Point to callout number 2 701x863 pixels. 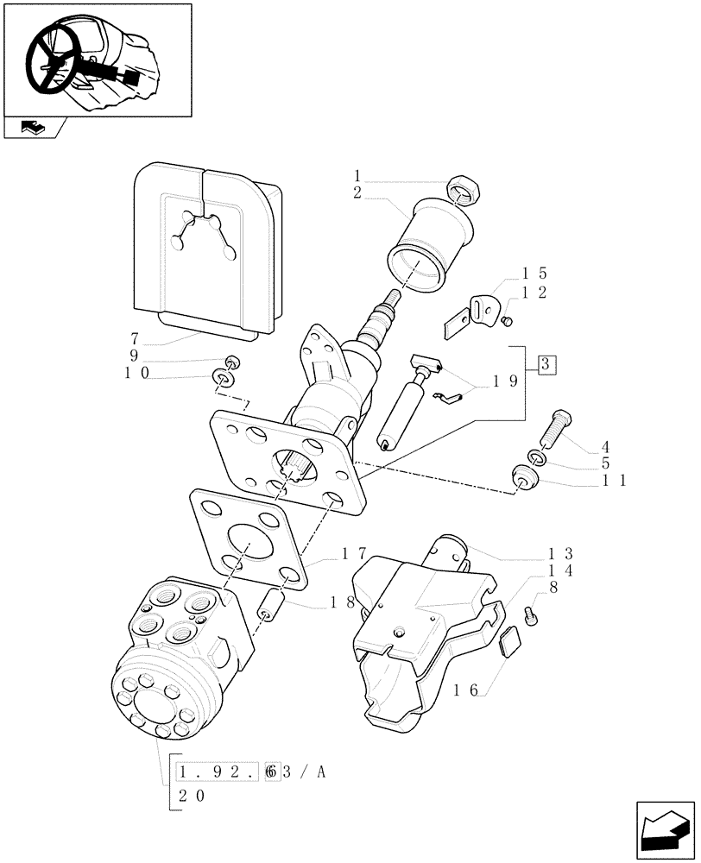pyautogui.click(x=357, y=193)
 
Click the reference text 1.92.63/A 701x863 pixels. pyautogui.click(x=249, y=772)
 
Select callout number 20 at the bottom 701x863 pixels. pyautogui.click(x=192, y=797)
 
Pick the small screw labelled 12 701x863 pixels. pyautogui.click(x=508, y=322)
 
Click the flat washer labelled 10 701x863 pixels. pyautogui.click(x=225, y=379)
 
